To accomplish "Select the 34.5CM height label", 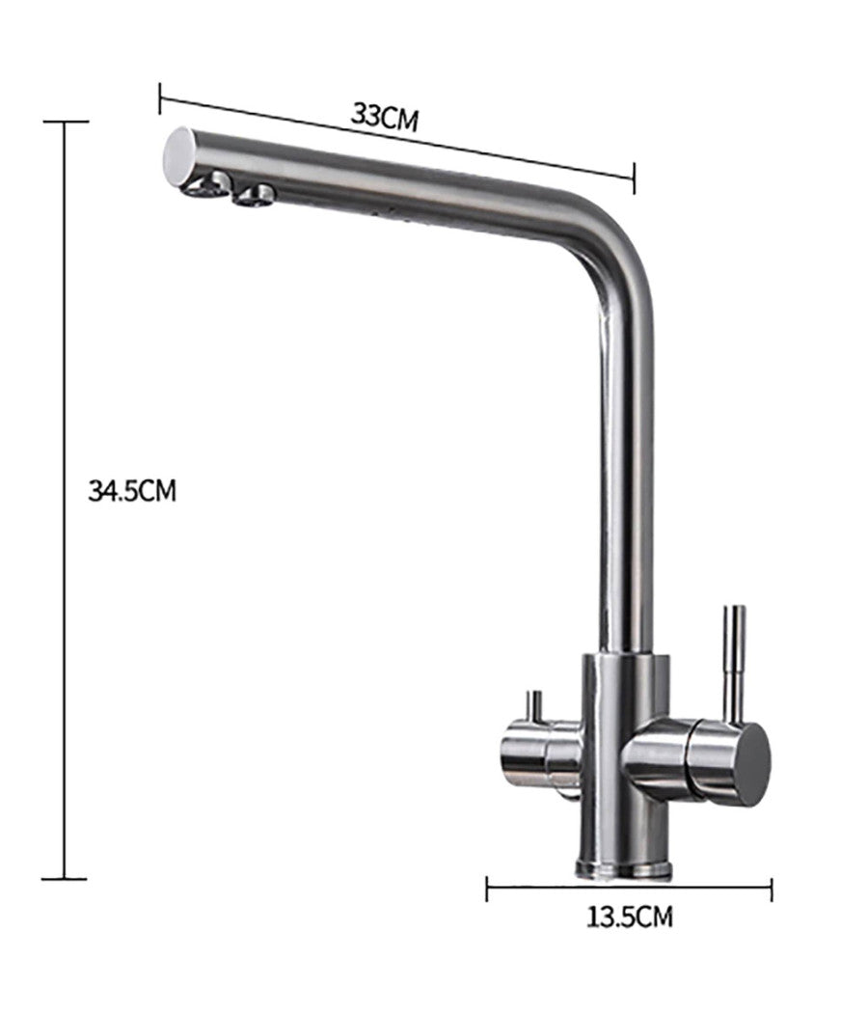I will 132,491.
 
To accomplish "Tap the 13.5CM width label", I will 630,916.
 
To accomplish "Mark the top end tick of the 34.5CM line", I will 65,123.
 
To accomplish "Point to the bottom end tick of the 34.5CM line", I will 65,878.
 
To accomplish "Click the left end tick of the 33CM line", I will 160,97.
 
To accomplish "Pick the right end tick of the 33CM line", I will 634,178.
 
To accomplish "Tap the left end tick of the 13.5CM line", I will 488,889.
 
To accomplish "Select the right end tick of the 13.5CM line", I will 771,889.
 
